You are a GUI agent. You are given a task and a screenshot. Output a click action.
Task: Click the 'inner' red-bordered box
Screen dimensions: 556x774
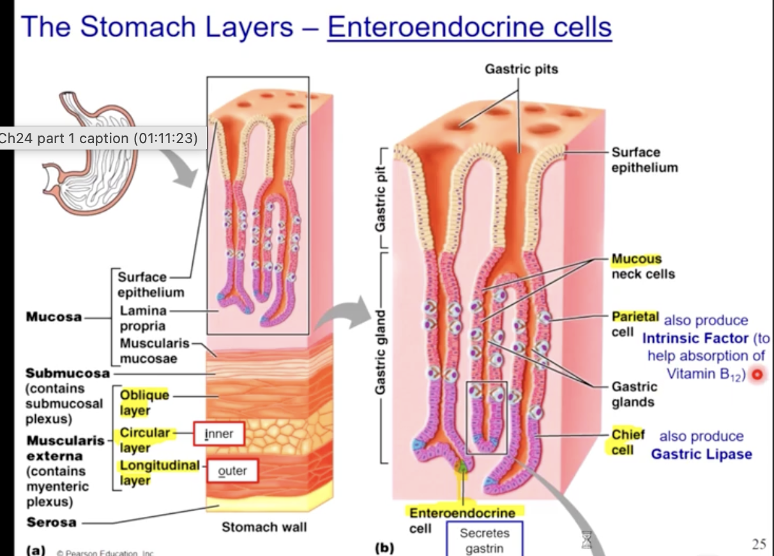point(219,435)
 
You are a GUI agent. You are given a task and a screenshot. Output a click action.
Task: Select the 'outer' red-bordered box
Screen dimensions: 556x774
point(232,471)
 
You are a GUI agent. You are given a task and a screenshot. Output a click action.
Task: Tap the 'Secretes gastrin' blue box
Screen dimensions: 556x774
point(485,540)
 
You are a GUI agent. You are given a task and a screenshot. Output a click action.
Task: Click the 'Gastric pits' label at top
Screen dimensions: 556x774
point(521,69)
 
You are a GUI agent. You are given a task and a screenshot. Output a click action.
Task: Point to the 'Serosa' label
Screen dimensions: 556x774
point(51,522)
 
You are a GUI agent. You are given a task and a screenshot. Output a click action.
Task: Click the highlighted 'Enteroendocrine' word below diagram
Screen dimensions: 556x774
point(462,513)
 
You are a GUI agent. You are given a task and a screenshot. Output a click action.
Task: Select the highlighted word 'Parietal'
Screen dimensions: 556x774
point(635,316)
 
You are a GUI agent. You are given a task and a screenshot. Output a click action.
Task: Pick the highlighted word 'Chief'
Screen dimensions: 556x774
point(628,435)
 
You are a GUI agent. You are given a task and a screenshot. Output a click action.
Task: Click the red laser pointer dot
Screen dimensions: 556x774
point(757,375)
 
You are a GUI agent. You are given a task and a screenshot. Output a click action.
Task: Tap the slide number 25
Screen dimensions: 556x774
point(759,544)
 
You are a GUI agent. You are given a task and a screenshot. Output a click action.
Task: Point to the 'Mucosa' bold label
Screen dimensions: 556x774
point(54,317)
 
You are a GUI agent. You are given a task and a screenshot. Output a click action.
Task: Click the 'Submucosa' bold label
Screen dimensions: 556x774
point(67,373)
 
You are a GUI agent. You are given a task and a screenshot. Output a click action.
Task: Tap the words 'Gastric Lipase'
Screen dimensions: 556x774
point(701,454)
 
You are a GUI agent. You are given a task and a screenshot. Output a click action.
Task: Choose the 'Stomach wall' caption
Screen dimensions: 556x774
point(264,527)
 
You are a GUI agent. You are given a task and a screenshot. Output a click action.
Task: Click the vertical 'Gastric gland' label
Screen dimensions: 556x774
point(381,351)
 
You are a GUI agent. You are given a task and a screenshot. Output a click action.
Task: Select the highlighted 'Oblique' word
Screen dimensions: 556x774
point(144,395)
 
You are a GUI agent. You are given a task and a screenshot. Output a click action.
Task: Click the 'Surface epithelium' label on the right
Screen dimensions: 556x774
point(644,160)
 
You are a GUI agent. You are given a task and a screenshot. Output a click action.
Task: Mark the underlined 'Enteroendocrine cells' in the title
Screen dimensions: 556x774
point(469,27)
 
